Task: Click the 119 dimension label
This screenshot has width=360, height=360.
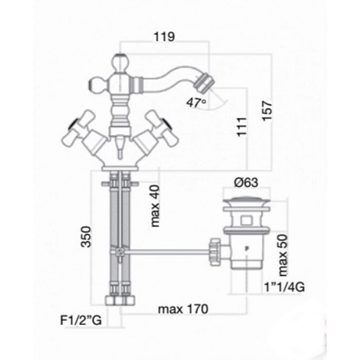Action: click(x=164, y=37)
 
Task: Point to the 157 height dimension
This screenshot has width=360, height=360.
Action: click(x=267, y=111)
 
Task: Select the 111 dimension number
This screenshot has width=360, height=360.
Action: click(x=242, y=127)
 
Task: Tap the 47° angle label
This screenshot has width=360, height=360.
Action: click(x=196, y=102)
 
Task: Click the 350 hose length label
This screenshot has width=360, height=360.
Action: click(x=86, y=237)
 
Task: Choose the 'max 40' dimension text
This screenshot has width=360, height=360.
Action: click(x=155, y=206)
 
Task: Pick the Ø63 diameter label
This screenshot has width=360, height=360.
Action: click(x=246, y=183)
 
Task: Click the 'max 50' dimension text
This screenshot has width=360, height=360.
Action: click(x=283, y=255)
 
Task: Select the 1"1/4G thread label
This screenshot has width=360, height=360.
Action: click(x=284, y=287)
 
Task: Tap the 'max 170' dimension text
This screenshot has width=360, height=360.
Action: click(x=183, y=309)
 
